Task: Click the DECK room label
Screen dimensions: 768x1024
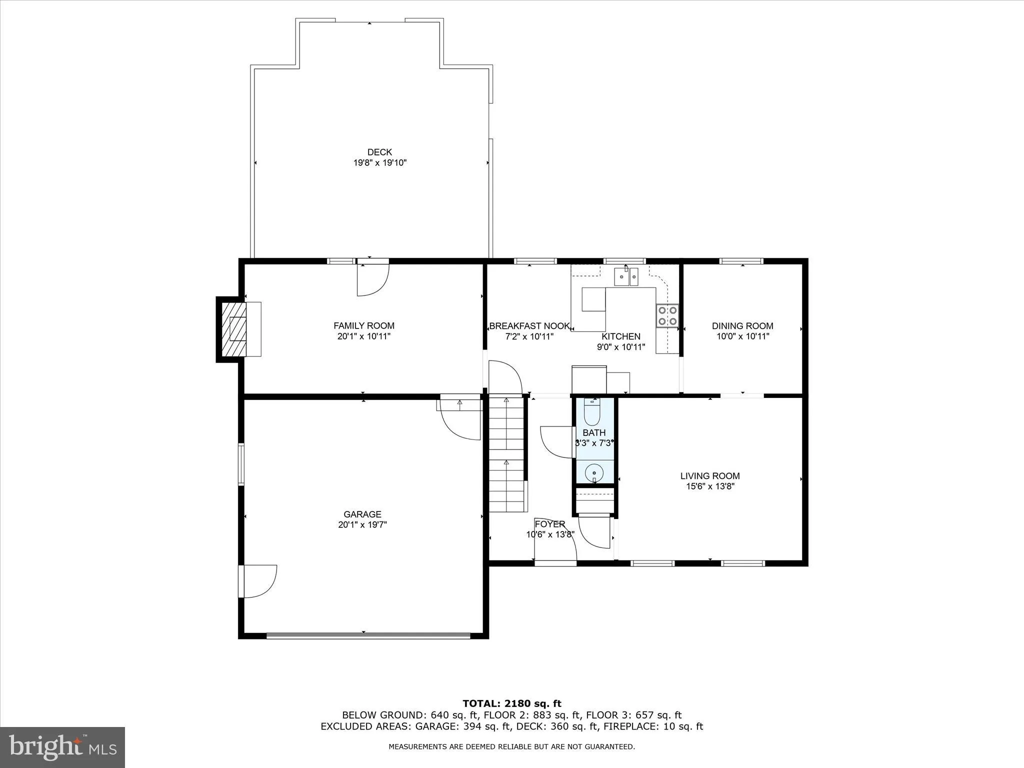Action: pos(379,152)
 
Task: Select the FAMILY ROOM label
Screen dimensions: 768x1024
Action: pos(364,325)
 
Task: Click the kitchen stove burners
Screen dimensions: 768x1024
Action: pos(667,315)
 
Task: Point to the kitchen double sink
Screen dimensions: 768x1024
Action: pos(626,276)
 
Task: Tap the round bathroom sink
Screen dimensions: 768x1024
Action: pos(594,471)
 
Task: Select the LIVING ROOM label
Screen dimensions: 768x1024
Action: pos(709,476)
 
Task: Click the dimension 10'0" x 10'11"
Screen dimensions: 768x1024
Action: pos(742,336)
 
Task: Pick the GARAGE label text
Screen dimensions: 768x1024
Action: pos(362,514)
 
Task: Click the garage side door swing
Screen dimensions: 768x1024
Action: pos(258,581)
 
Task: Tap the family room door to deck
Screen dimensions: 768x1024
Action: pos(372,279)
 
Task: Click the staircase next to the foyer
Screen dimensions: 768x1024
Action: pos(506,452)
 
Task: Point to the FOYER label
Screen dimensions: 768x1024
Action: pos(550,524)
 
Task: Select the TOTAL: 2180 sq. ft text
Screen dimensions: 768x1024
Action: pos(512,704)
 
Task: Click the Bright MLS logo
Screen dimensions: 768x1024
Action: pos(62,746)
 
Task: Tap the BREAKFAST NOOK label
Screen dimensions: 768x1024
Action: pos(529,326)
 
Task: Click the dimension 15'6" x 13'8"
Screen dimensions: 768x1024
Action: pos(709,486)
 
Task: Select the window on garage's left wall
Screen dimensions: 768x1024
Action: pos(241,464)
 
